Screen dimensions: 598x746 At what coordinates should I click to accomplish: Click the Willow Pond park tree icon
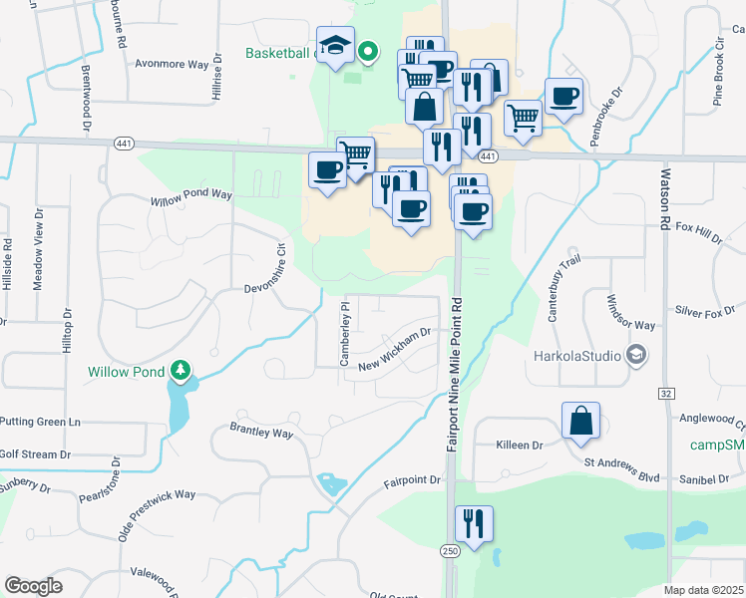click(181, 372)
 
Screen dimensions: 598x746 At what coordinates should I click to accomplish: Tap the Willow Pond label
click(124, 372)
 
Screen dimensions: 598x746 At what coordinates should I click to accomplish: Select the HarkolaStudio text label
click(576, 355)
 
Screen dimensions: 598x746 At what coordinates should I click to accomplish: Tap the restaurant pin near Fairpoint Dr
click(474, 523)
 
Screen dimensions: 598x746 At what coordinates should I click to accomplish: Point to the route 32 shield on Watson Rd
click(666, 394)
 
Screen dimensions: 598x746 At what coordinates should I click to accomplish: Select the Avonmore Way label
click(172, 63)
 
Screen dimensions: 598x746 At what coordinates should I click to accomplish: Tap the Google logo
click(33, 586)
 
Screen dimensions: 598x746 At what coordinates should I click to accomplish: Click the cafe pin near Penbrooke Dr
click(563, 97)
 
